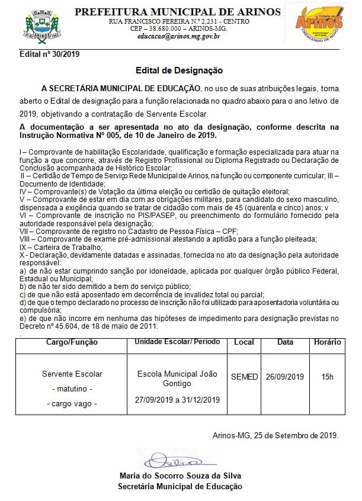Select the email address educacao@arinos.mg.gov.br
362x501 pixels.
178,37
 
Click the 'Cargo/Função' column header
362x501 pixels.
72,342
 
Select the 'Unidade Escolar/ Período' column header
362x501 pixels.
177,342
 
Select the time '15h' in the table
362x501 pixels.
328,376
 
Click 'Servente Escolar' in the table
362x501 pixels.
72,374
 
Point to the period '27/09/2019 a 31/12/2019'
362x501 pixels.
177,400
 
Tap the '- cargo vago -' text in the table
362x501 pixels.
72,403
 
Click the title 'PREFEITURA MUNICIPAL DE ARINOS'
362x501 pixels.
178,11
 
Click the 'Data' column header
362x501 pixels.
285,342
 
